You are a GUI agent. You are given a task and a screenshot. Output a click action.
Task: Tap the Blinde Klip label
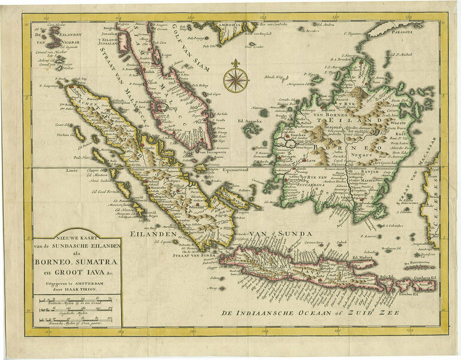coord(275,78)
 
